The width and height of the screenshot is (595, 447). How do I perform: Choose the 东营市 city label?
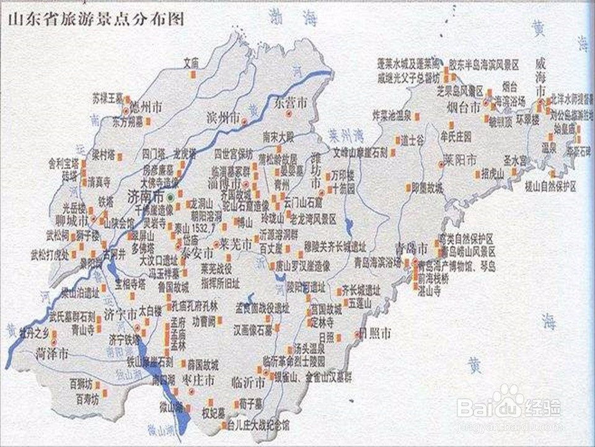click(291, 101)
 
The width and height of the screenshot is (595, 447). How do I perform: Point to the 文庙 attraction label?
click(192, 63)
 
